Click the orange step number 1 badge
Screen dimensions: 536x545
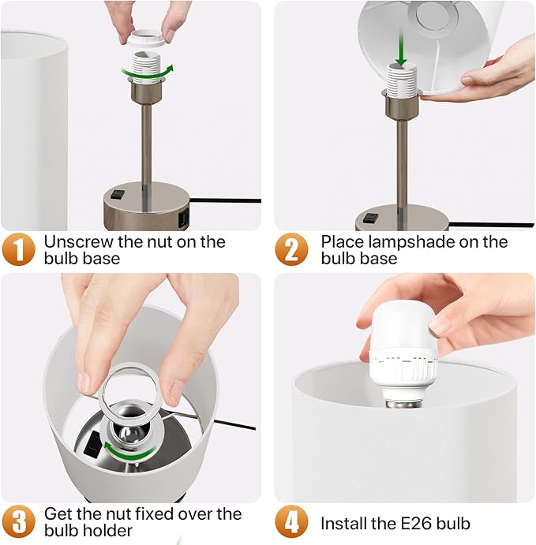18,249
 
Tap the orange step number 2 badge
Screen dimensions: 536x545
291,249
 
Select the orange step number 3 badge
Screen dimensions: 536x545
18,521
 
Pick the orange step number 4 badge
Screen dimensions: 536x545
291,521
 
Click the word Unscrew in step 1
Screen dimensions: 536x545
79,241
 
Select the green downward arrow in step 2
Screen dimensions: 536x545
401,49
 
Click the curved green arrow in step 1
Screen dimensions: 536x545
148,73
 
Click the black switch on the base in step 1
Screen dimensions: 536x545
118,193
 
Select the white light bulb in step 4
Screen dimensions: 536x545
403,355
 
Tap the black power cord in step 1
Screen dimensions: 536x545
225,200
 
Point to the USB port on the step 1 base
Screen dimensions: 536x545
184,218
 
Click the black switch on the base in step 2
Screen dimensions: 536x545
370,218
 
